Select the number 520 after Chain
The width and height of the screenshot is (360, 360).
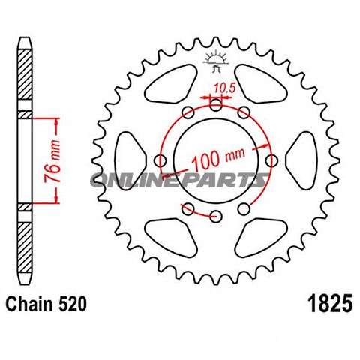click(74, 305)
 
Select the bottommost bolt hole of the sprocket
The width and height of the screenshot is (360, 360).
click(217, 217)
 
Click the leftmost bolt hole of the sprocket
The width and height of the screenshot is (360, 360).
click(160, 161)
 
